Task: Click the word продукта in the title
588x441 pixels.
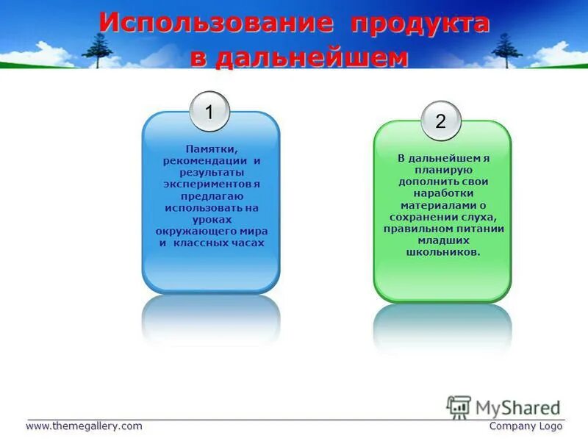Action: [420, 22]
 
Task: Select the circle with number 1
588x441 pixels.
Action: [209, 112]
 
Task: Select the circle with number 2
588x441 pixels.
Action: [441, 122]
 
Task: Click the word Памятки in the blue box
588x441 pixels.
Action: [211, 149]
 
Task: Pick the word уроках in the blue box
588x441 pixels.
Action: [211, 218]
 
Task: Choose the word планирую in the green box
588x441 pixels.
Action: [442, 168]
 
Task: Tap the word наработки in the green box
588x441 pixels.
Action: [442, 193]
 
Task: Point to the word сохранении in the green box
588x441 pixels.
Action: [423, 217]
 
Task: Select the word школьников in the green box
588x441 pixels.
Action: [441, 252]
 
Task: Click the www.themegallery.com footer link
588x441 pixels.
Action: [84, 426]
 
